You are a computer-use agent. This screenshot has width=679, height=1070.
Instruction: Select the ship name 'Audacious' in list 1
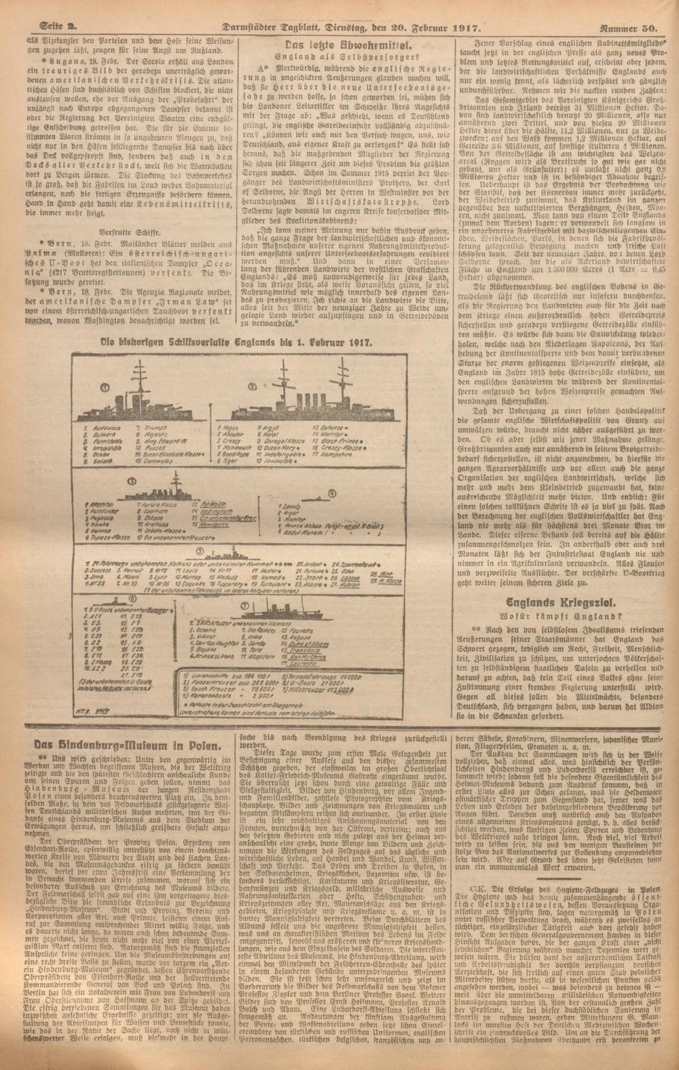coord(100,430)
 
